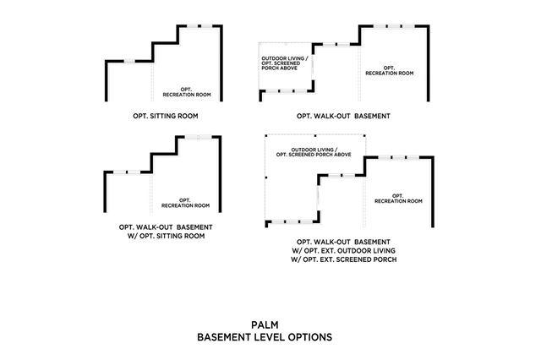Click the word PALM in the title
click(x=264, y=324)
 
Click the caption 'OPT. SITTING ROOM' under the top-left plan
click(x=165, y=115)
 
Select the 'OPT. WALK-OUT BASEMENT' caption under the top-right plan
click(x=343, y=115)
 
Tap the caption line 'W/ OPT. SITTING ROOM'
click(x=165, y=236)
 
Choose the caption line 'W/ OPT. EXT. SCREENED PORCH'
click(x=344, y=259)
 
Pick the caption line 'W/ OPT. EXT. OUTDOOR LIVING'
click(x=344, y=251)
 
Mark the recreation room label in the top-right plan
click(x=389, y=71)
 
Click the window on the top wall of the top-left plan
click(x=200, y=26)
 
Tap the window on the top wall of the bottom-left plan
click(x=197, y=137)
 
